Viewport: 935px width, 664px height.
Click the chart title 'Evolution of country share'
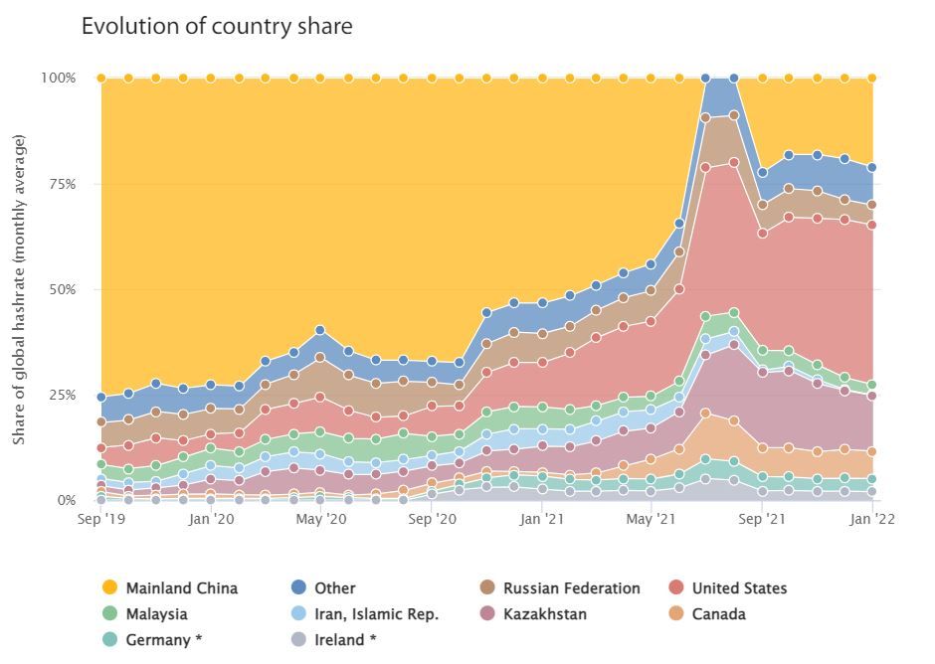click(217, 27)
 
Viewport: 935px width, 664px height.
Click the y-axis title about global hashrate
click(20, 288)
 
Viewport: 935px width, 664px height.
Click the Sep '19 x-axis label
click(101, 518)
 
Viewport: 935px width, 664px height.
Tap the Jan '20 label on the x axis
click(211, 518)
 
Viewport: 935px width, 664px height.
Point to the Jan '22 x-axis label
click(871, 518)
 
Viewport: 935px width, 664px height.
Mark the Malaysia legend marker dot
click(110, 614)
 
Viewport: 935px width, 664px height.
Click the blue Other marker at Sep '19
click(101, 398)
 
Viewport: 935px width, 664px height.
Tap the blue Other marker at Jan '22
click(872, 167)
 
